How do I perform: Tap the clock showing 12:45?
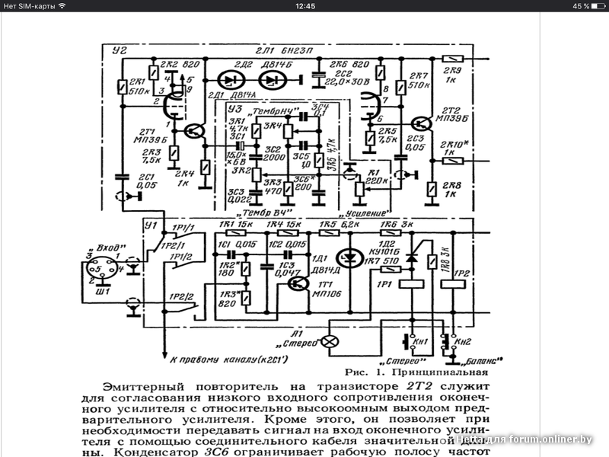(x=304, y=6)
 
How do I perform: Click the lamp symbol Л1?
(x=330, y=342)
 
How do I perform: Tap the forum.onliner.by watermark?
(x=533, y=439)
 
